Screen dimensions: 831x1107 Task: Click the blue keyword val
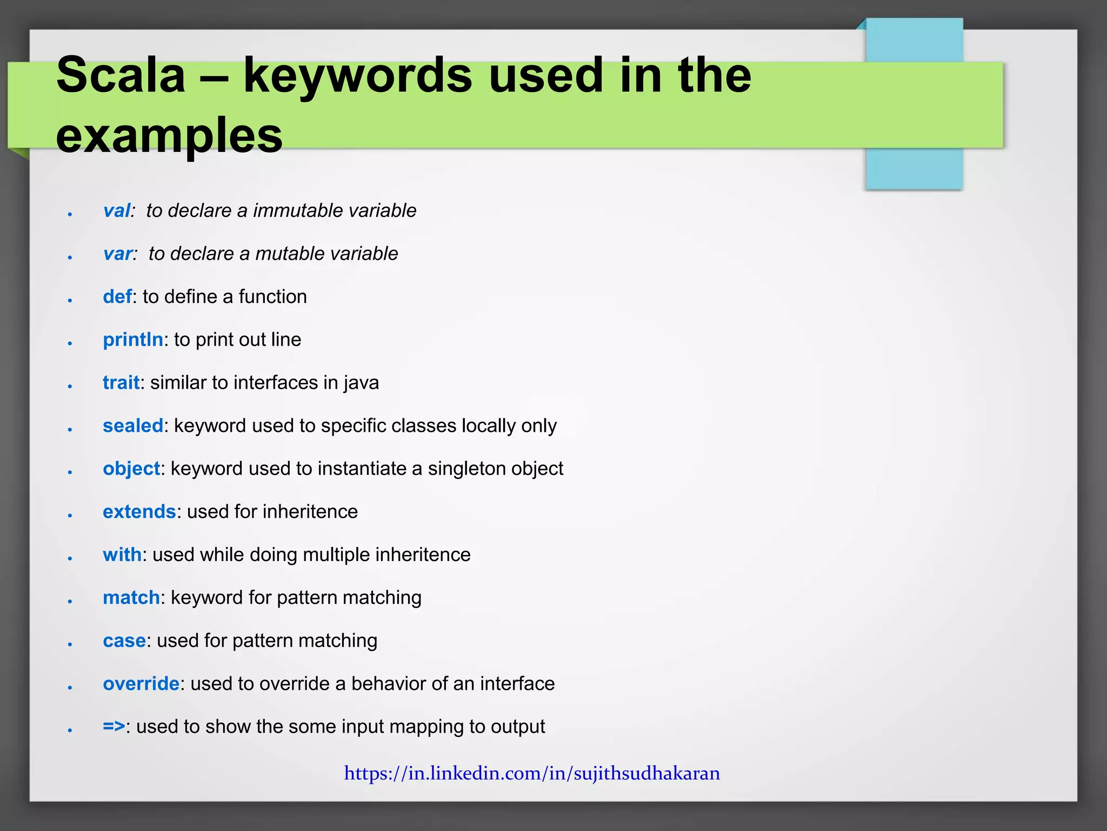[x=117, y=210]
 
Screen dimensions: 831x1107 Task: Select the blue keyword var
[x=118, y=254]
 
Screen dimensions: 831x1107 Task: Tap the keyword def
[x=117, y=296]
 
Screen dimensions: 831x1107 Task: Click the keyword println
[x=133, y=340]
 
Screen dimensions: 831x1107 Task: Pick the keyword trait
[x=121, y=382]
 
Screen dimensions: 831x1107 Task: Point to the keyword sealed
[x=133, y=426]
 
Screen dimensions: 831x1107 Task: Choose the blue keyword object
[x=131, y=469]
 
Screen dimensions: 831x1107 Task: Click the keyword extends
[x=139, y=512]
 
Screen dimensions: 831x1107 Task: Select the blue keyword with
[x=122, y=555]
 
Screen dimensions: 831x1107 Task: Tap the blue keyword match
[x=131, y=598]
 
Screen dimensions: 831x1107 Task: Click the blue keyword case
[x=124, y=641]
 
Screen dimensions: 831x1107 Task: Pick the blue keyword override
[x=141, y=684]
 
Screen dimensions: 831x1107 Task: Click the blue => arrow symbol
[x=114, y=727]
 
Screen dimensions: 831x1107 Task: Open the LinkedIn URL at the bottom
[x=532, y=774]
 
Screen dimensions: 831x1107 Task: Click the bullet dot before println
[x=70, y=343]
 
